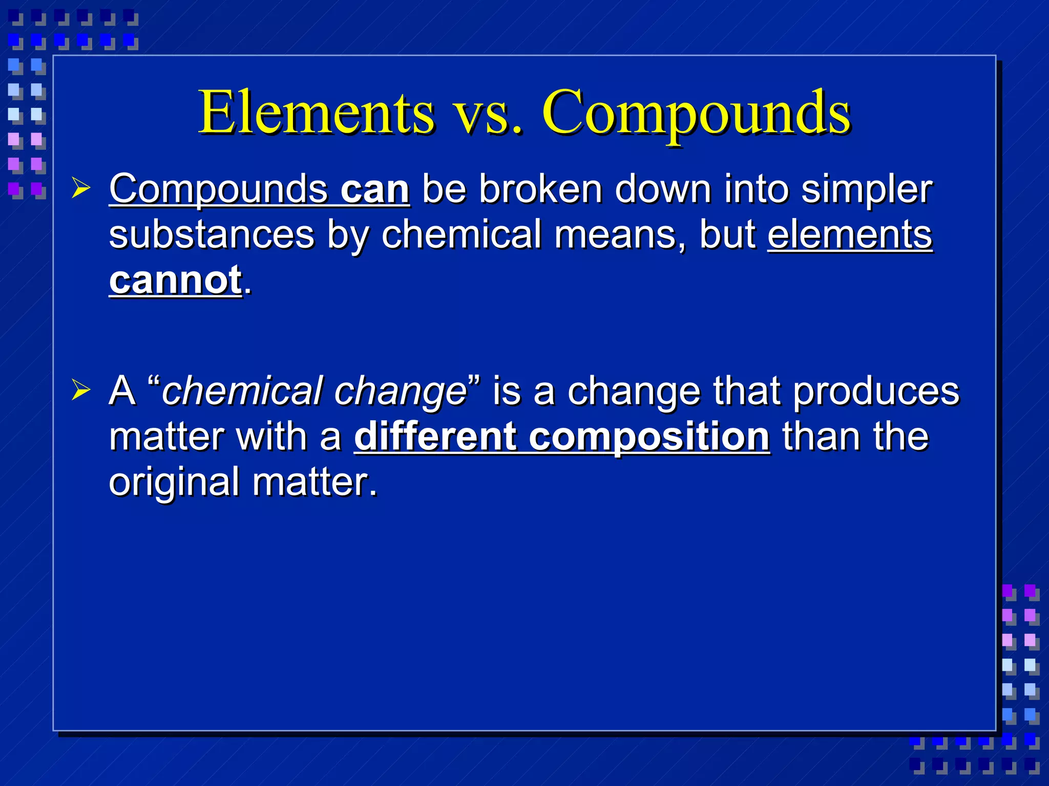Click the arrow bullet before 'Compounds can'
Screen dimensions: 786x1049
coord(81,188)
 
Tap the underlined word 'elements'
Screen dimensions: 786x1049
coord(850,234)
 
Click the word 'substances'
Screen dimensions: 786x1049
coord(212,234)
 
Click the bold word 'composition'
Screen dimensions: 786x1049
coord(648,438)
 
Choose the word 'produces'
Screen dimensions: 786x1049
coord(876,392)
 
